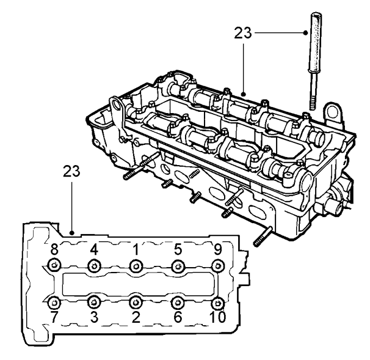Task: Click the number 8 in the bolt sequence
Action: click(54, 249)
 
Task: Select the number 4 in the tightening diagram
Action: click(94, 249)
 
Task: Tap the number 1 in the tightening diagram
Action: click(136, 249)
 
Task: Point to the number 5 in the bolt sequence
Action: click(178, 249)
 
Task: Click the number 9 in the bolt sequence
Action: click(218, 249)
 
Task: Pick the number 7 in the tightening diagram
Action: click(54, 317)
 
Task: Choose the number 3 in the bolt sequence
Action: click(94, 317)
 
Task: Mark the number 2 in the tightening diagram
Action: click(136, 317)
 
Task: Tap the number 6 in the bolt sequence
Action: click(178, 317)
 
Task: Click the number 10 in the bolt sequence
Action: click(217, 317)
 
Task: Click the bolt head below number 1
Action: click(136, 266)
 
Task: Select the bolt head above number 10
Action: click(217, 303)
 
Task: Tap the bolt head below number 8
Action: click(54, 266)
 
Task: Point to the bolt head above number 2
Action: click(136, 303)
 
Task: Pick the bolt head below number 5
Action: click(178, 266)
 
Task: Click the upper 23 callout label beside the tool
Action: click(243, 33)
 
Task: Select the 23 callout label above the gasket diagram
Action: click(71, 171)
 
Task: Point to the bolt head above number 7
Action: click(54, 303)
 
